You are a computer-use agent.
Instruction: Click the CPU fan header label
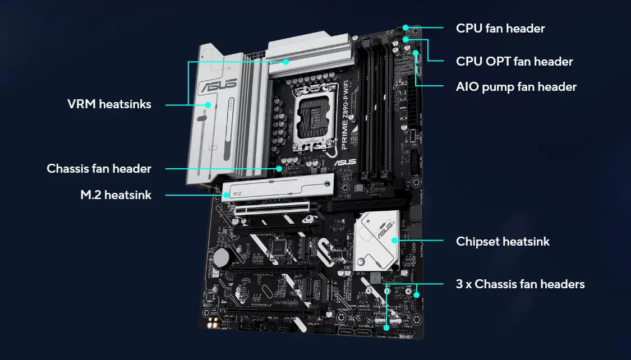pyautogui.click(x=500, y=28)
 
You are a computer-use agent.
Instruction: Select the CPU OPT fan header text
pyautogui.click(x=514, y=61)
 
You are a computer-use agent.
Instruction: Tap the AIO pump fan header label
pyautogui.click(x=516, y=87)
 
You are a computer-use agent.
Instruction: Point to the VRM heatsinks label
pyautogui.click(x=109, y=104)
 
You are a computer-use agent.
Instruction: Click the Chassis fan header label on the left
pyautogui.click(x=99, y=168)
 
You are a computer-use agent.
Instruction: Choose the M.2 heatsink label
pyautogui.click(x=116, y=195)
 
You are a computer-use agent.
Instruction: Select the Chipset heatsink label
pyautogui.click(x=503, y=242)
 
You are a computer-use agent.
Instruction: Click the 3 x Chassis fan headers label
pyautogui.click(x=520, y=284)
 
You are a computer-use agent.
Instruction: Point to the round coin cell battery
pyautogui.click(x=221, y=257)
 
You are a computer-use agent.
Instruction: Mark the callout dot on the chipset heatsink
pyautogui.click(x=395, y=241)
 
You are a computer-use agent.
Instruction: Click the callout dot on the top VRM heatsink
pyautogui.click(x=286, y=62)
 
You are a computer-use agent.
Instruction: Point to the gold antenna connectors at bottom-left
pyautogui.click(x=214, y=324)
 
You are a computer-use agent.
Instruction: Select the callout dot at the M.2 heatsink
pyautogui.click(x=227, y=195)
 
